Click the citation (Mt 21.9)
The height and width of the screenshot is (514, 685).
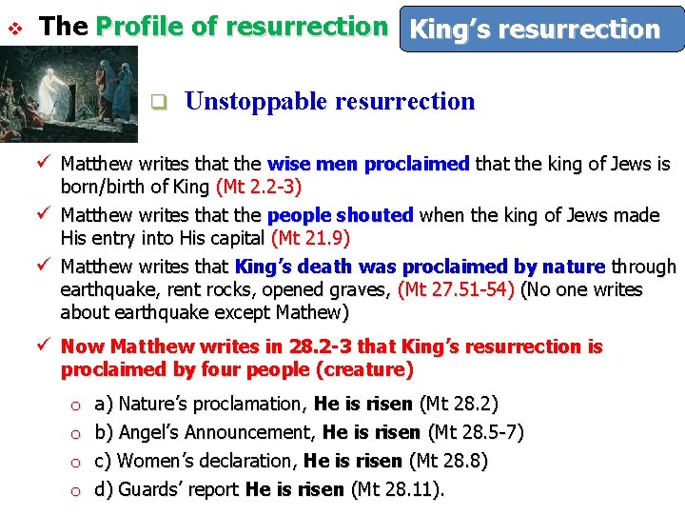click(x=310, y=236)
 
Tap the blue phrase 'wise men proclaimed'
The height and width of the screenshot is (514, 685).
click(x=368, y=164)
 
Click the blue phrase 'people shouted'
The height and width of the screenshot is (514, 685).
click(x=340, y=215)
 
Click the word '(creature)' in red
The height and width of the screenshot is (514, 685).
click(x=366, y=369)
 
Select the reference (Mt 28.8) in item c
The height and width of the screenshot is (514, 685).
click(x=448, y=462)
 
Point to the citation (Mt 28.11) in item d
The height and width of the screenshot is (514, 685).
click(x=398, y=490)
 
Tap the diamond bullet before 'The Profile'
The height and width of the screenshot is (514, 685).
click(x=14, y=27)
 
